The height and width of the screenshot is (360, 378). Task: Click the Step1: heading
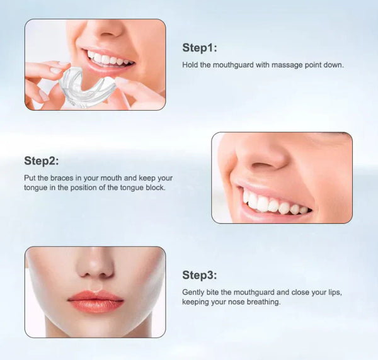point(199,47)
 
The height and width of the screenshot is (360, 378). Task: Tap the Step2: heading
point(42,160)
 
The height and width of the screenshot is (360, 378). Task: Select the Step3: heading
point(199,275)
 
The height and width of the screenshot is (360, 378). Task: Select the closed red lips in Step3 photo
point(95,301)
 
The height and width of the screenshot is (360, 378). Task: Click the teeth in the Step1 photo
point(111,60)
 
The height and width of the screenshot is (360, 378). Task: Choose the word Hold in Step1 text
point(190,65)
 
